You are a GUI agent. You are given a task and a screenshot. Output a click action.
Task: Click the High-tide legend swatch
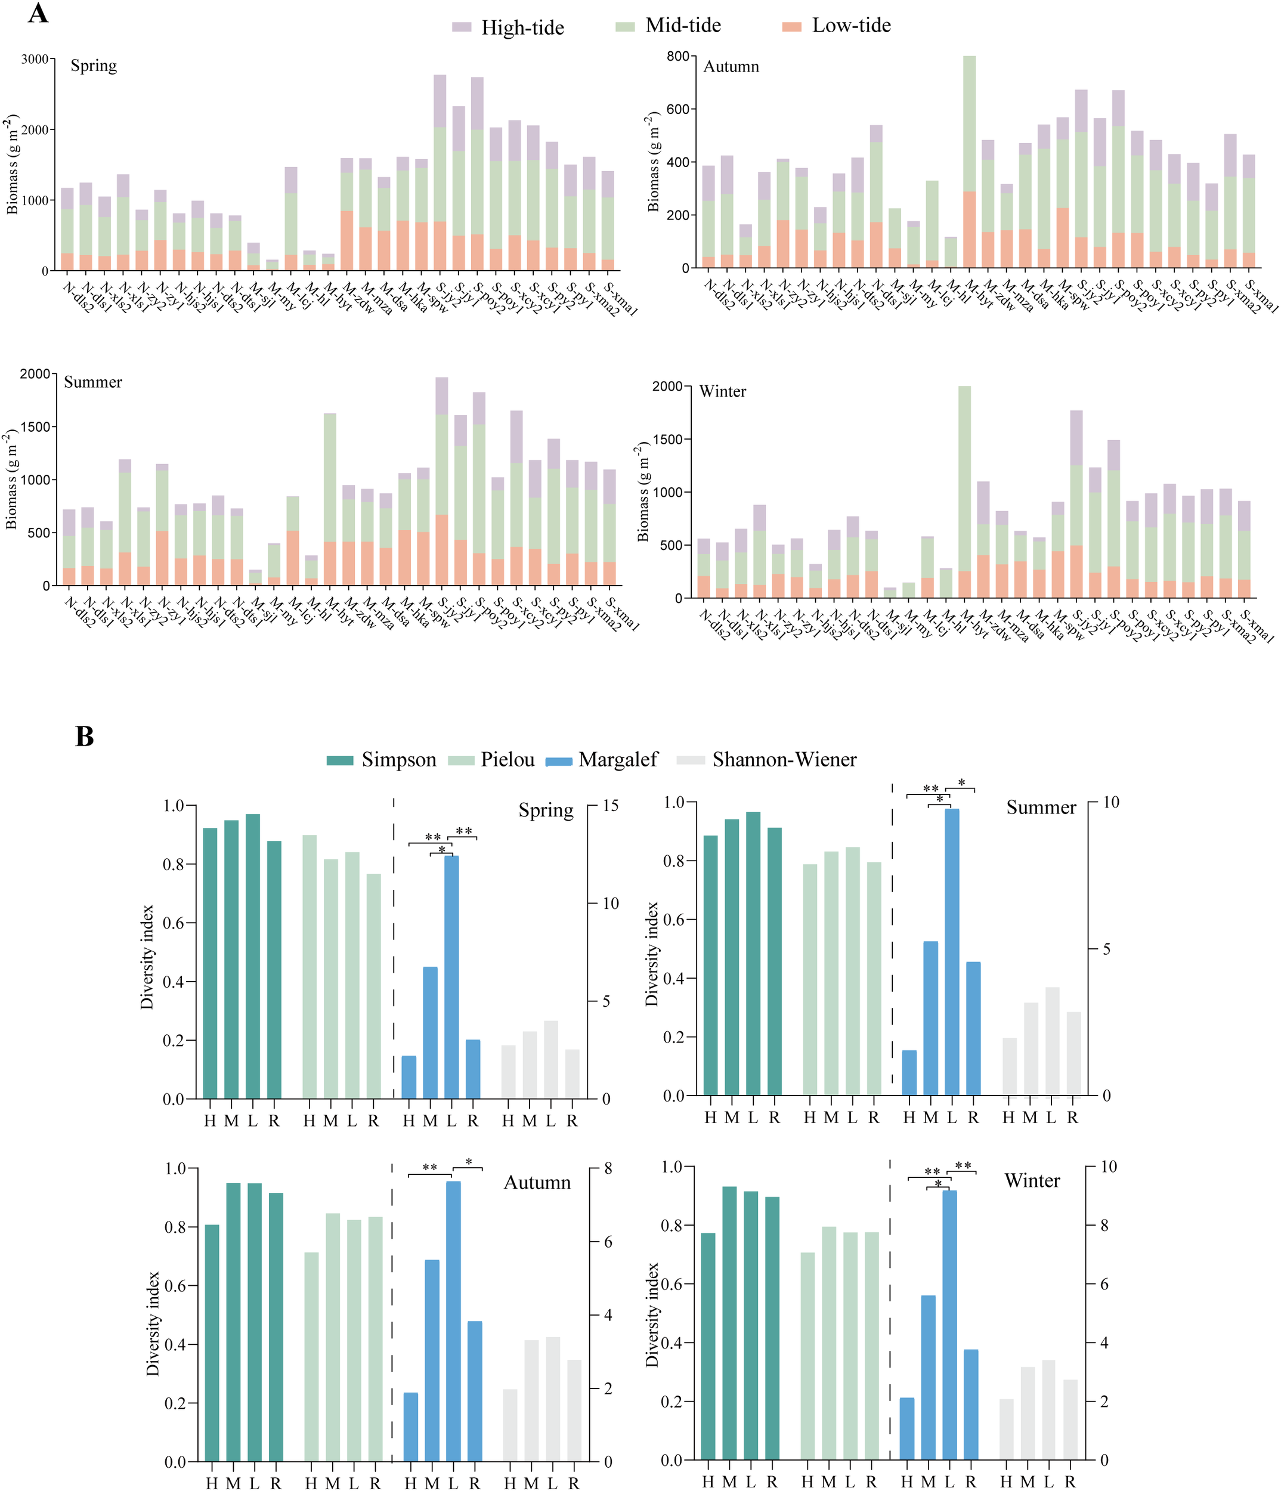tap(462, 27)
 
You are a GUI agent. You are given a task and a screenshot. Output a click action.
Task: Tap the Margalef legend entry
tap(617, 760)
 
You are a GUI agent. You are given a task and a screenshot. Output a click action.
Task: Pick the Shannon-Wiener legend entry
tap(784, 760)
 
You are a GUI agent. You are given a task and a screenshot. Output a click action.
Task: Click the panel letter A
tap(38, 13)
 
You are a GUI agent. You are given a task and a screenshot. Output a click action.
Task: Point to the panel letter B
tap(84, 737)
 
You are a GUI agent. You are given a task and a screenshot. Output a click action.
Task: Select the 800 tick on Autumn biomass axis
tap(677, 56)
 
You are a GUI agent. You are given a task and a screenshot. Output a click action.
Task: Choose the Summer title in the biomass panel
tap(93, 382)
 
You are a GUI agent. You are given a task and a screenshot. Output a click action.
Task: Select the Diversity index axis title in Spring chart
tap(147, 957)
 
